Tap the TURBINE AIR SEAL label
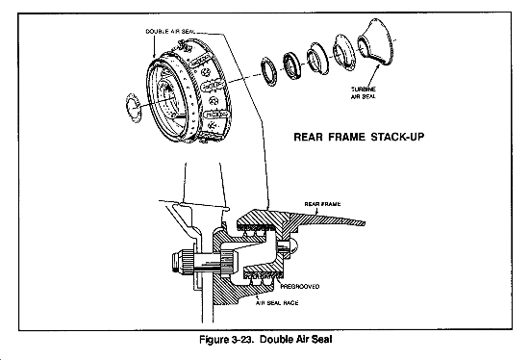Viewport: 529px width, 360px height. [x=364, y=92]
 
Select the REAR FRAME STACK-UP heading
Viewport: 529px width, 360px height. [x=359, y=137]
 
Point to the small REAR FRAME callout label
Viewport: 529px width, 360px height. [x=322, y=204]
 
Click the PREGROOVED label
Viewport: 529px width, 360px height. [x=300, y=287]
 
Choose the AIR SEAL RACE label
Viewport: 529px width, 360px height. [x=277, y=303]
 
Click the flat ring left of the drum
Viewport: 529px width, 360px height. [x=134, y=108]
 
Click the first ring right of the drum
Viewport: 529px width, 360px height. [x=269, y=71]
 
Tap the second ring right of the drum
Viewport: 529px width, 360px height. [x=290, y=66]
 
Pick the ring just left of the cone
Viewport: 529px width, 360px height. [x=344, y=53]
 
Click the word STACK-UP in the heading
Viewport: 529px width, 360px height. [x=397, y=137]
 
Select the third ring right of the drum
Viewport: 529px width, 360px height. [x=317, y=61]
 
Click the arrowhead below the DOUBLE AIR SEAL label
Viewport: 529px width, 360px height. [x=155, y=55]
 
